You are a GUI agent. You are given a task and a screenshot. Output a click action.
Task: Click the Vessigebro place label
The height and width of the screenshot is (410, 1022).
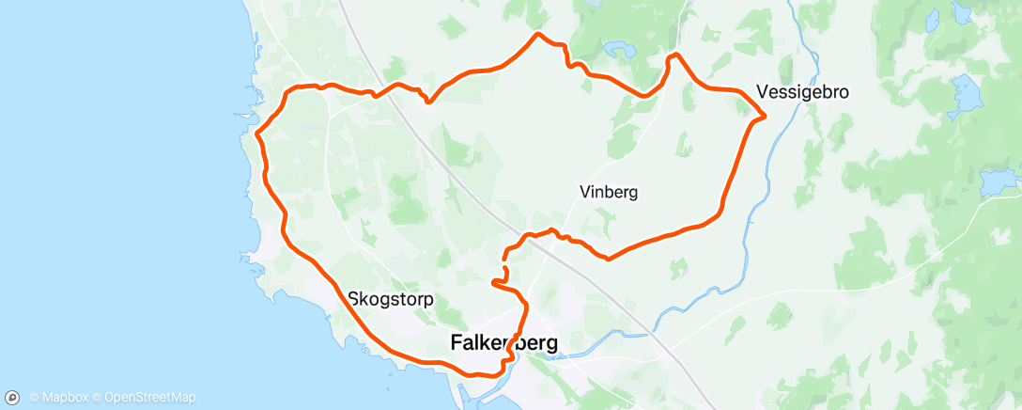[802, 93]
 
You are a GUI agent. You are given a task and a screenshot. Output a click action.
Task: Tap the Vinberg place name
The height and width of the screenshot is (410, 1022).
[609, 192]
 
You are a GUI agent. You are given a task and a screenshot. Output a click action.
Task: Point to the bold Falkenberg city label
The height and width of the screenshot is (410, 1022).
[503, 344]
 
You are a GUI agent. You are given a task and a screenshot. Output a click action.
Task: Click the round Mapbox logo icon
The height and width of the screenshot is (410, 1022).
[14, 397]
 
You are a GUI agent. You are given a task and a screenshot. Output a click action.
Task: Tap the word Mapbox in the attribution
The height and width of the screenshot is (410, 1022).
[60, 398]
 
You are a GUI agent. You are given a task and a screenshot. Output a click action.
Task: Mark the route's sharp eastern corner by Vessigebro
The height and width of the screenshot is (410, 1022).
[765, 116]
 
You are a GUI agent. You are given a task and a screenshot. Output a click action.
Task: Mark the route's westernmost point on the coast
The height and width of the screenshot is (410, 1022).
[255, 133]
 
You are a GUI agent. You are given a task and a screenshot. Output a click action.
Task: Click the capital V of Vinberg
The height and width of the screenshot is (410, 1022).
[584, 192]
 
